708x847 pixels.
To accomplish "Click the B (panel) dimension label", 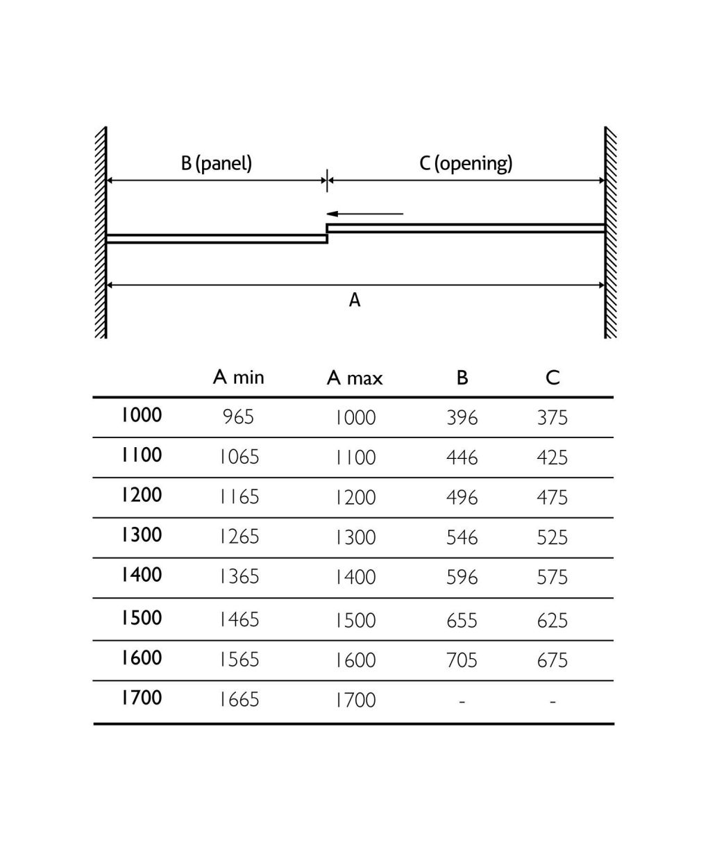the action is pyautogui.click(x=217, y=163).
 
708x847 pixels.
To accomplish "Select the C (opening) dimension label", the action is pyautogui.click(x=466, y=163).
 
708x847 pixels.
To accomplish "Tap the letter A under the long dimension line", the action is pyautogui.click(x=355, y=300).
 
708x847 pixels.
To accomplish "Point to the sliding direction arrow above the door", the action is pyautogui.click(x=365, y=214).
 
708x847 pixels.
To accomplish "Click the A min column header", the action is pyautogui.click(x=239, y=377).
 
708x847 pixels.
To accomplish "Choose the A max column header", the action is pyautogui.click(x=355, y=378).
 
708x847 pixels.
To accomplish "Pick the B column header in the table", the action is pyautogui.click(x=462, y=378).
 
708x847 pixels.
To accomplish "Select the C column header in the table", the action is pyautogui.click(x=553, y=378).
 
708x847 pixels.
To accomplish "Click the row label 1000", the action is pyautogui.click(x=142, y=415).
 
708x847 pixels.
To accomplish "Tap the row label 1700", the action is pyautogui.click(x=142, y=698).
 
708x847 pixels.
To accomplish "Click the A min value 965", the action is pyautogui.click(x=239, y=417).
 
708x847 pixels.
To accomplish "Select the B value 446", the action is pyautogui.click(x=462, y=458).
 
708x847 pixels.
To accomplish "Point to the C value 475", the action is pyautogui.click(x=553, y=497).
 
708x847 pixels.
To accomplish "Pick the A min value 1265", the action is pyautogui.click(x=239, y=537).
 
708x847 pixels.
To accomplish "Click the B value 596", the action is pyautogui.click(x=462, y=577).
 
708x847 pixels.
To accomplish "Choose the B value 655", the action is pyautogui.click(x=462, y=620).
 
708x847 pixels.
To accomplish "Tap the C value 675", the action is pyautogui.click(x=553, y=660).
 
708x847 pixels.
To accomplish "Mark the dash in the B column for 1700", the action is pyautogui.click(x=462, y=701).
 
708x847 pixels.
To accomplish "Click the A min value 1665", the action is pyautogui.click(x=239, y=700).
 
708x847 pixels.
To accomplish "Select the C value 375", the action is pyautogui.click(x=553, y=417).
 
